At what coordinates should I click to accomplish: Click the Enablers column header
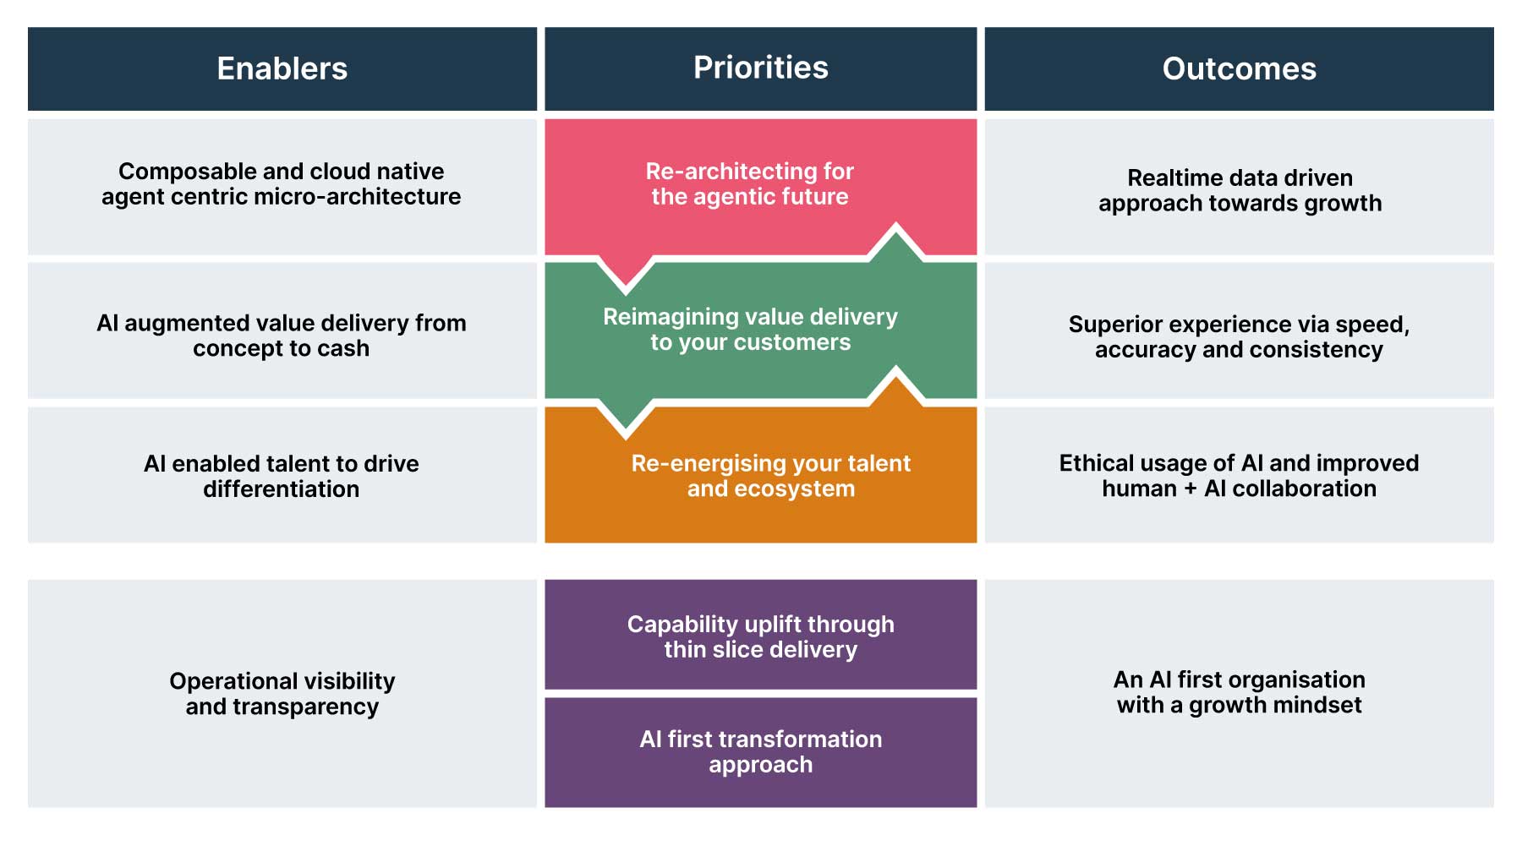tap(282, 68)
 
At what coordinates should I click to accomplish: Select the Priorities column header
tap(760, 68)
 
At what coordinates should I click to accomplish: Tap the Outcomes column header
tap(1239, 68)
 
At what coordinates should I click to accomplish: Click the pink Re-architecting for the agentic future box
tap(750, 184)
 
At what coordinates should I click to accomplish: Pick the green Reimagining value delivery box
tap(750, 330)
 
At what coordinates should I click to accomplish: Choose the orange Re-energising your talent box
tap(770, 476)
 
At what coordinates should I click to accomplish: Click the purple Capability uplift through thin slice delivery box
tap(760, 636)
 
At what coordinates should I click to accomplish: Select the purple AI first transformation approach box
tap(760, 751)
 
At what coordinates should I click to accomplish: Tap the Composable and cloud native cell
tap(282, 184)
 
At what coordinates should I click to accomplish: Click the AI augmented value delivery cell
tap(282, 336)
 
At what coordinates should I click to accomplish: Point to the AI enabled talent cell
tap(282, 476)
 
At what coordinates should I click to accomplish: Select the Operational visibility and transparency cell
tap(282, 694)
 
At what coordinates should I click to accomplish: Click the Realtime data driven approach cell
tap(1240, 190)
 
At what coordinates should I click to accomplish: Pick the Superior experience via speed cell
tap(1239, 336)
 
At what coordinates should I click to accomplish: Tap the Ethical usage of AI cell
tap(1239, 476)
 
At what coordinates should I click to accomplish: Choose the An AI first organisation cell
tap(1239, 692)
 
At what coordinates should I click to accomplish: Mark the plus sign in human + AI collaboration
tap(1190, 489)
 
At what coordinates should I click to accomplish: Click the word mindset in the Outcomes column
tap(1318, 706)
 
